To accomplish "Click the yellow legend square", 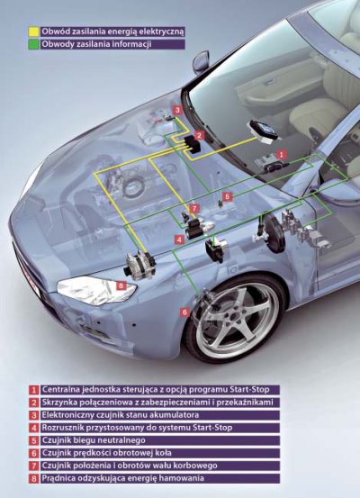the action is click(33, 32).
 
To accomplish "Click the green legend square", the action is click(33, 44).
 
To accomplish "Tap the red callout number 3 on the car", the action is click(177, 110).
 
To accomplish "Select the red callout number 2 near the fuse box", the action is click(199, 136).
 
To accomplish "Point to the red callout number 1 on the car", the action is click(281, 155).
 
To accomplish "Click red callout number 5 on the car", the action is click(227, 196).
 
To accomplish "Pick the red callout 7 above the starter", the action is click(194, 209).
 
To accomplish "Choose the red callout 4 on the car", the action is click(179, 240).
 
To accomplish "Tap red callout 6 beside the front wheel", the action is click(185, 312).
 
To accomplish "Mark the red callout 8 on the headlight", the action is click(121, 285).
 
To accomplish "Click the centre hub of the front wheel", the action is click(234, 319).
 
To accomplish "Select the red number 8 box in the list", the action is click(33, 478).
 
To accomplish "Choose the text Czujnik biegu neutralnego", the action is click(94, 440).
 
